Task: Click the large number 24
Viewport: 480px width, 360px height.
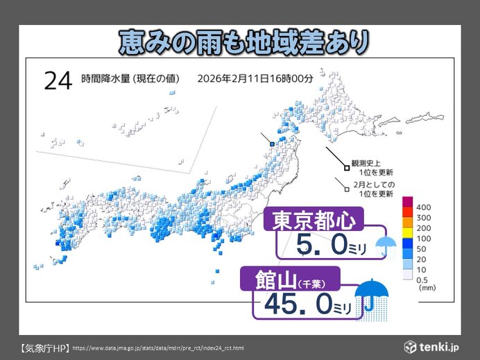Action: pos(58,80)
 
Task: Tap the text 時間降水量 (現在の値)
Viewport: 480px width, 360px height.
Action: pos(130,78)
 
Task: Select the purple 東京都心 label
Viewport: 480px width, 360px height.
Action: pos(316,221)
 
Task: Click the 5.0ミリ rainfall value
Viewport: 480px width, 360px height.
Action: pos(326,244)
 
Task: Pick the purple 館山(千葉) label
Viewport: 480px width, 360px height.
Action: pos(289,281)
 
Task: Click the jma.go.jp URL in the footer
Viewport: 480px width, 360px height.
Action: pos(157,348)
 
